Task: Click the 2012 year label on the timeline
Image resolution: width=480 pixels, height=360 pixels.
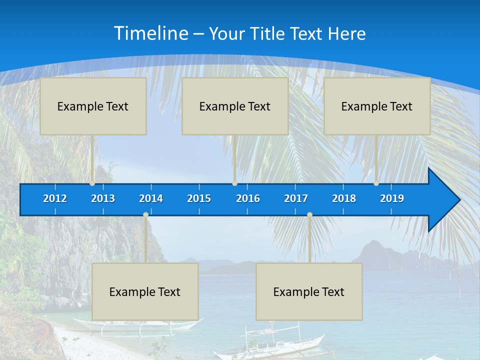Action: pos(55,198)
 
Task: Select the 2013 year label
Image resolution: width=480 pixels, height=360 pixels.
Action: pos(103,198)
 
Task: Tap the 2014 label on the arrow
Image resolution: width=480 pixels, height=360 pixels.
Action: pos(151,198)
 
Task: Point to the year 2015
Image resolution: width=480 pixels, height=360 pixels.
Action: pos(199,198)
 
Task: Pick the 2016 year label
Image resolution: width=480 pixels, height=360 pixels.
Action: pos(248,198)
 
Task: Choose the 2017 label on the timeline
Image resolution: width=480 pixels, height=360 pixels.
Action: pos(296,198)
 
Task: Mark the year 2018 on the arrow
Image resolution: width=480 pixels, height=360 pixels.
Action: pos(344,198)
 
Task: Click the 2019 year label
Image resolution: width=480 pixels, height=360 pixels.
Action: pos(392,198)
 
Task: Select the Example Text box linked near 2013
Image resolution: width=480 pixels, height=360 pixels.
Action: pos(93,106)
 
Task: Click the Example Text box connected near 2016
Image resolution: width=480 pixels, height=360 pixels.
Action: pos(235,106)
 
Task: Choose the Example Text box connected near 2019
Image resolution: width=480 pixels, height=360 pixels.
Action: pos(377,106)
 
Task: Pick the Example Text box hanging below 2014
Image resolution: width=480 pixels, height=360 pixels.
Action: pos(145,291)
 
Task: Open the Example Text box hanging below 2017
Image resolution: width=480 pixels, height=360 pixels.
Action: pos(309,291)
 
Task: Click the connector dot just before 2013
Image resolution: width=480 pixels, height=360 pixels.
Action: pos(92,183)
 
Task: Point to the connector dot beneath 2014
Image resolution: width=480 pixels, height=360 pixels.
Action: pos(145,215)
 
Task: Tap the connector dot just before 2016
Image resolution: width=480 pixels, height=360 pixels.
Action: pos(234,183)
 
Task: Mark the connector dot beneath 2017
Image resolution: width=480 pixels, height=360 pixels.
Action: pos(309,215)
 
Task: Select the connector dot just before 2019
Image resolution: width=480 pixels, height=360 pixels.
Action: pos(376,183)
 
